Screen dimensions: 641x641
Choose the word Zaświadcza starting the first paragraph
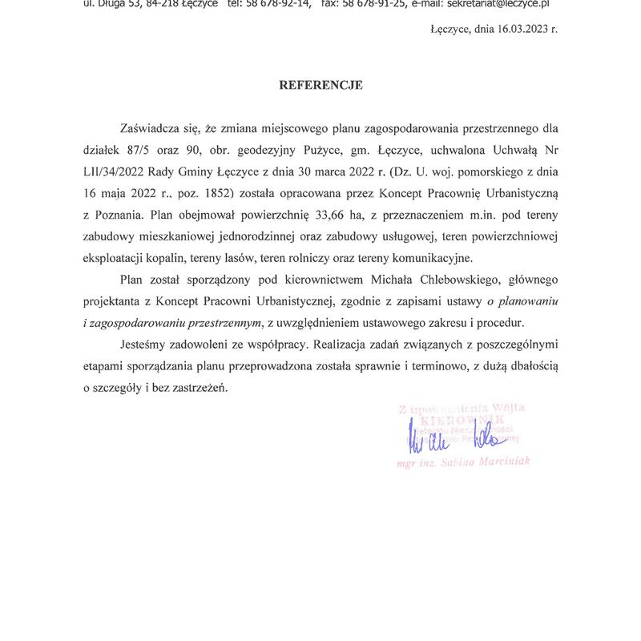click(148, 128)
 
